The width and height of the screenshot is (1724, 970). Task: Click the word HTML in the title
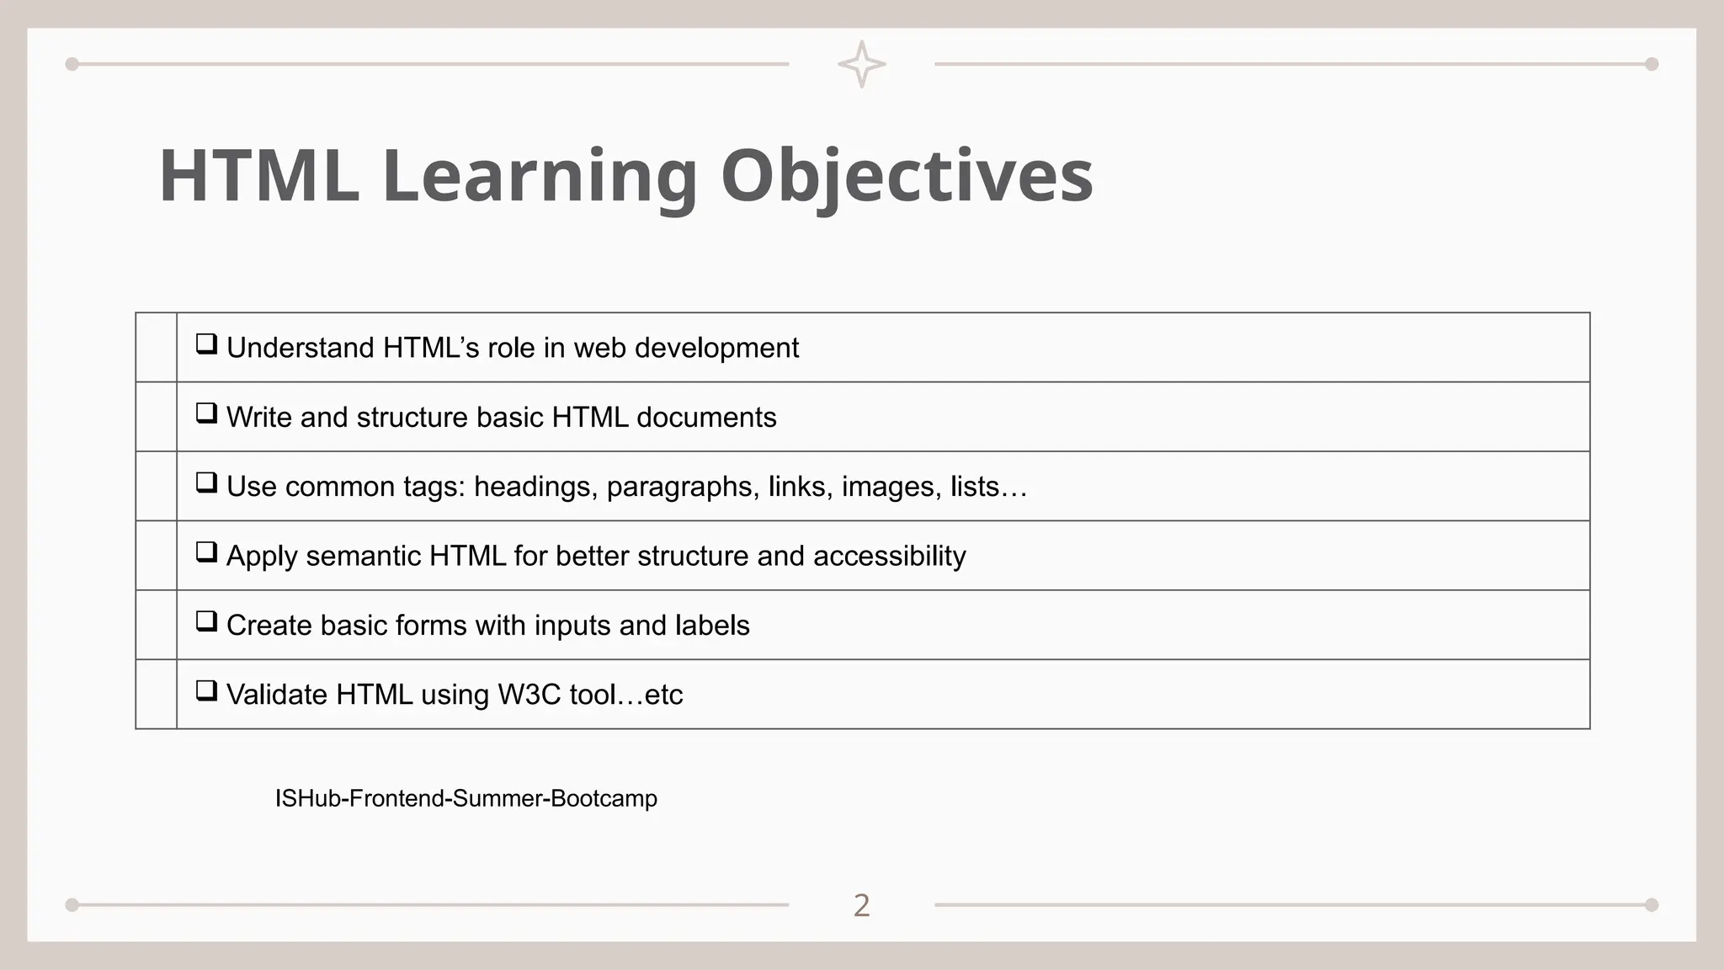coord(258,176)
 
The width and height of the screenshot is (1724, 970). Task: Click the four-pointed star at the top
coord(861,64)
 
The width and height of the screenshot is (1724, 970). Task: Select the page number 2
coord(861,905)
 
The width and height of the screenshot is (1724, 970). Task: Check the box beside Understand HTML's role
coord(206,344)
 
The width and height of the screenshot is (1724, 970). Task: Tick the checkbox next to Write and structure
coord(206,413)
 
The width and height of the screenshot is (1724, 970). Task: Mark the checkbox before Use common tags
coord(206,482)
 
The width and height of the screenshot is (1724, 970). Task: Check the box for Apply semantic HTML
coord(206,552)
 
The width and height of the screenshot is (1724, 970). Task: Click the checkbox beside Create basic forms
coord(206,621)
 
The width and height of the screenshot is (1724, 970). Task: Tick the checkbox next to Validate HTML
coord(206,691)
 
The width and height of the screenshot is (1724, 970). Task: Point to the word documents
coord(706,418)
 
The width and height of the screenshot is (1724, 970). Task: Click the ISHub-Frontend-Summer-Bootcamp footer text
coord(466,798)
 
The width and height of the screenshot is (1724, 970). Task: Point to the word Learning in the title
coord(540,176)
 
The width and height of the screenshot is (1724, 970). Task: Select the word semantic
coord(364,557)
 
